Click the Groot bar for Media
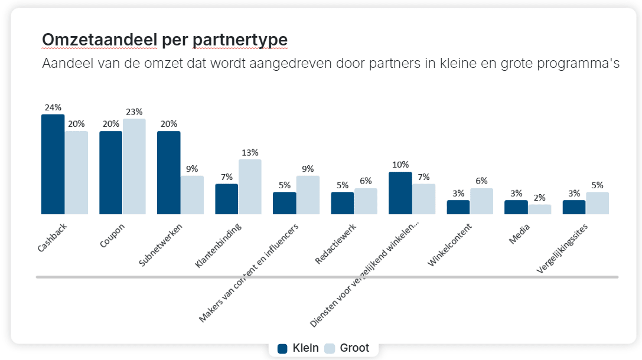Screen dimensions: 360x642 coord(539,210)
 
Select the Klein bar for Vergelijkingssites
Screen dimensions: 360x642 coord(573,207)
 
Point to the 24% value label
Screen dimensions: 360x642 coord(53,107)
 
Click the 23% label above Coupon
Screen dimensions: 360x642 coord(134,112)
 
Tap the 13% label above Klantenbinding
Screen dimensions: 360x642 coord(250,152)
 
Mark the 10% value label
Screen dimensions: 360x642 coord(400,165)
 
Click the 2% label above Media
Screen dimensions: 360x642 coord(540,198)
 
